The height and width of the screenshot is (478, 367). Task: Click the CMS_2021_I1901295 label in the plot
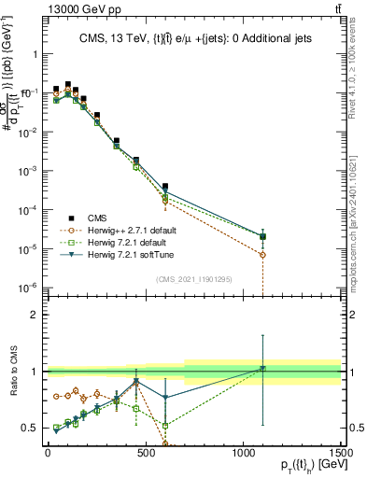pyautogui.click(x=194, y=279)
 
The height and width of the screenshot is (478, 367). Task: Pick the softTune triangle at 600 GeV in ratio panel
pyautogui.click(x=165, y=398)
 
